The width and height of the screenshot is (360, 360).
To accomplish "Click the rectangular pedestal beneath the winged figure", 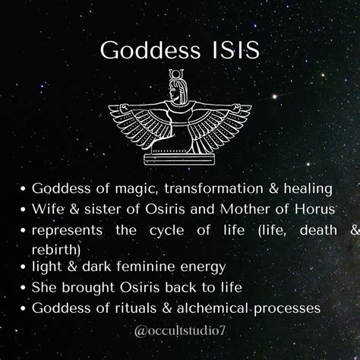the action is [x=179, y=159].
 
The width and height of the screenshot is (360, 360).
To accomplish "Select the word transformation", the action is [x=214, y=188].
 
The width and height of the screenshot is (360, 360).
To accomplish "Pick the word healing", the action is [x=308, y=189].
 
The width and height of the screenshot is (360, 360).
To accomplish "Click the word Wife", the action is [x=48, y=209].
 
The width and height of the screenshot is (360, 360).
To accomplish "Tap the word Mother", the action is [x=245, y=209].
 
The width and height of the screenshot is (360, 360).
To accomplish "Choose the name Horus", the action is [x=314, y=209].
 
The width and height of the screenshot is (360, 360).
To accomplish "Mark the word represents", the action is [x=67, y=231].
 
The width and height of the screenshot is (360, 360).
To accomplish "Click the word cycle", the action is [x=166, y=231].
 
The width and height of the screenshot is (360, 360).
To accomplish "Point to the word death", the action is [x=318, y=230].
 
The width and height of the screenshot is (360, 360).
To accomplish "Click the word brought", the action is [x=88, y=288].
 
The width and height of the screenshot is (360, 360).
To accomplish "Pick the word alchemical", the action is [x=213, y=308].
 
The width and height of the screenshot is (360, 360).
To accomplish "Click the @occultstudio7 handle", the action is [x=179, y=331].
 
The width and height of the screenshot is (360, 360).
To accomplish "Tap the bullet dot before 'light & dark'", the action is [x=24, y=267].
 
